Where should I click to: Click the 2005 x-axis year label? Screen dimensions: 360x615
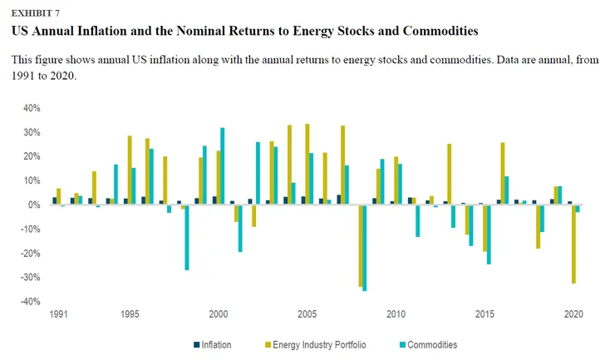tap(307, 315)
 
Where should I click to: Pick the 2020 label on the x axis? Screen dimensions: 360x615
tap(573, 315)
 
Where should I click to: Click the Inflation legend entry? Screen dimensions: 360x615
tap(215, 344)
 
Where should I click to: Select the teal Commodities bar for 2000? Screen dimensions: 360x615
tap(222, 165)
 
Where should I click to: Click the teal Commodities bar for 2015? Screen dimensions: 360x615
tap(490, 234)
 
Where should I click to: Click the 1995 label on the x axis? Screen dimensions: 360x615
tap(129, 315)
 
